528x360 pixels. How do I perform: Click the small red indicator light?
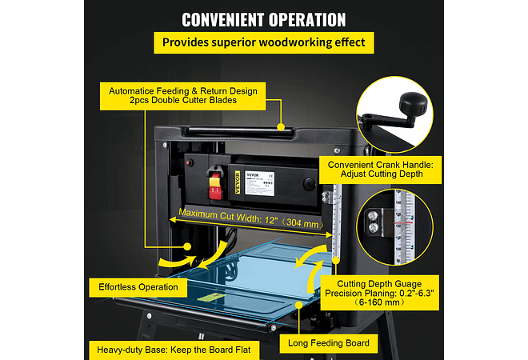point(190,162)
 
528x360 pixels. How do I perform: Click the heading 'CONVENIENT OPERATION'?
point(264,20)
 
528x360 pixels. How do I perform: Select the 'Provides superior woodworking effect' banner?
point(264,42)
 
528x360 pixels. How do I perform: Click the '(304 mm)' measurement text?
point(301,225)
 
